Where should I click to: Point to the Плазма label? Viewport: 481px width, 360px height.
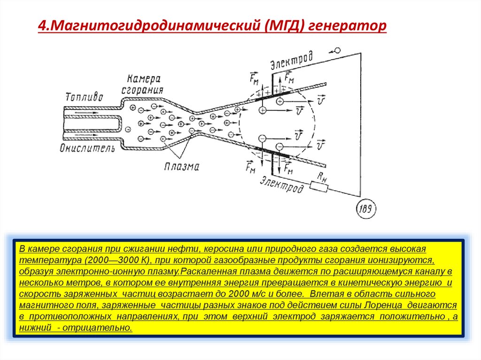click(182, 166)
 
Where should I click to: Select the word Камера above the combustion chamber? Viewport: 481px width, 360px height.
click(144, 78)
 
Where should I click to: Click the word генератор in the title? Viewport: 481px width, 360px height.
click(350, 25)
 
